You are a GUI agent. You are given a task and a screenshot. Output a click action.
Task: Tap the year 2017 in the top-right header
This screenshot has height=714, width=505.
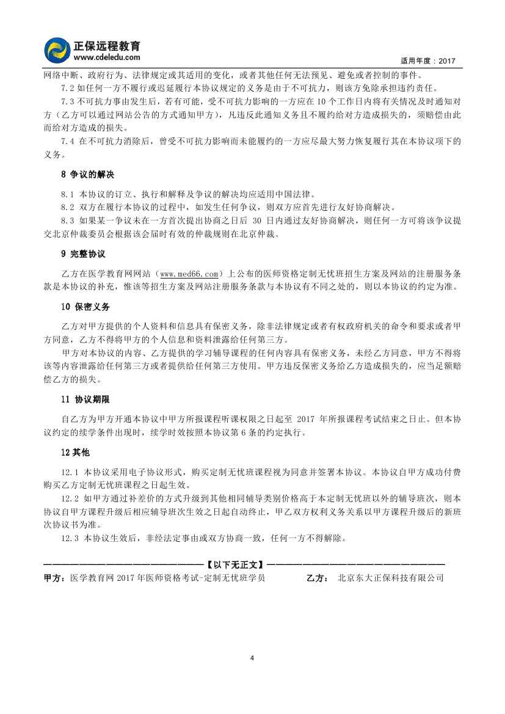pos(448,62)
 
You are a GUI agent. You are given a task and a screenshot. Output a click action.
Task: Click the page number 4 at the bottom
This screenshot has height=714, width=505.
pos(252,658)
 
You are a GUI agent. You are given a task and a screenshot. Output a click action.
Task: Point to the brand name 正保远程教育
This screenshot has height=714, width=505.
pos(107,45)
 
